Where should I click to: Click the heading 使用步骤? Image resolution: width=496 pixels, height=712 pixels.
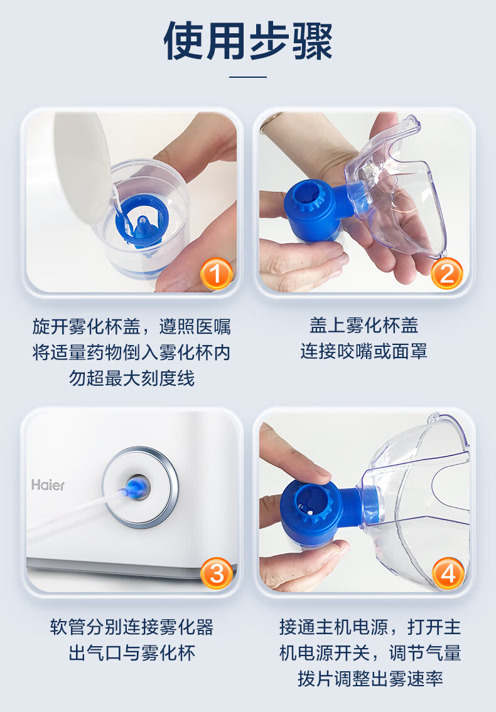(248, 41)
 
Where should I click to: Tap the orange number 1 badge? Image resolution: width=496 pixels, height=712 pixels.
(217, 274)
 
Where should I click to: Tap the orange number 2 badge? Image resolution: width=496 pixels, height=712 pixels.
(447, 274)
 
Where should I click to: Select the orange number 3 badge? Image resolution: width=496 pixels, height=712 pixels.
(217, 573)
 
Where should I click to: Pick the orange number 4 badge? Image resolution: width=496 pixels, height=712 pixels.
(448, 573)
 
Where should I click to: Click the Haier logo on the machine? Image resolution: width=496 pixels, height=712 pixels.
(48, 485)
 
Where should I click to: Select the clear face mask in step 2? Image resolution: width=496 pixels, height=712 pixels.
(396, 186)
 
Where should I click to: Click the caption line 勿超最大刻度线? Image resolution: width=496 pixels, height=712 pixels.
(132, 378)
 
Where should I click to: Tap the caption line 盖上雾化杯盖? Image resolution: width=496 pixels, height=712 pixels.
(364, 325)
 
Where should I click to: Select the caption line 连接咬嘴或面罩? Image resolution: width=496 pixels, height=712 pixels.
(364, 351)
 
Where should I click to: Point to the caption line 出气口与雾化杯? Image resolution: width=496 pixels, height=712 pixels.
(132, 653)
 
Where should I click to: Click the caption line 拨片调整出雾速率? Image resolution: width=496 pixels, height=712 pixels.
(370, 679)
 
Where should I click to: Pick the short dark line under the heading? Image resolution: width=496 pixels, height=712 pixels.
(248, 77)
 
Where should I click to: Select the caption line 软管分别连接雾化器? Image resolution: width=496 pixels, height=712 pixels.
(132, 627)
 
